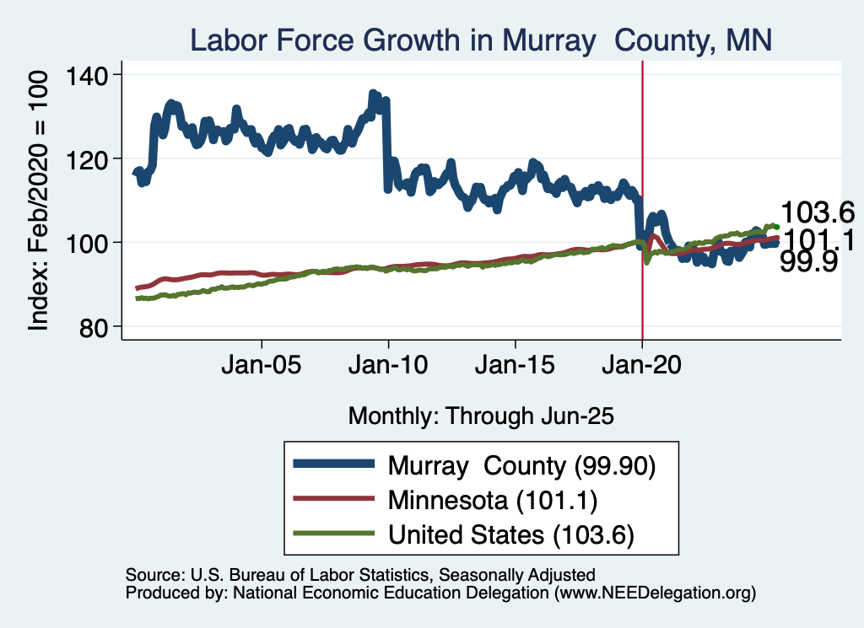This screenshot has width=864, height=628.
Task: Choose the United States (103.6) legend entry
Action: tap(510, 534)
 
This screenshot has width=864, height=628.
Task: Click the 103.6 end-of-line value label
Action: tap(818, 212)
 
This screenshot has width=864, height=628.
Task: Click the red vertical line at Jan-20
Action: tap(643, 169)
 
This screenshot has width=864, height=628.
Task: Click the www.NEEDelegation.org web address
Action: tap(654, 593)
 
